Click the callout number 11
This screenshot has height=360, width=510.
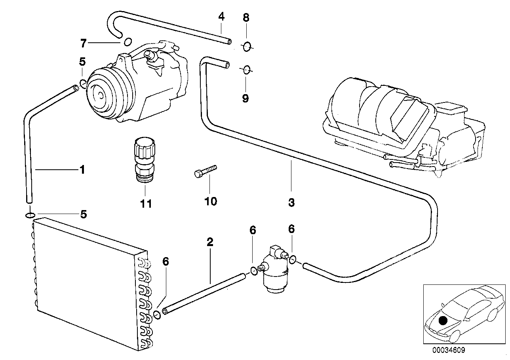coord(146,203)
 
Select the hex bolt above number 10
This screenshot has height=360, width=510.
coord(206,171)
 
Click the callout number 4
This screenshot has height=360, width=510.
coord(221,17)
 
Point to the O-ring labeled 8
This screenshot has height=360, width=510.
coord(247,47)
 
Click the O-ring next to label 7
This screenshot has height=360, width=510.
coord(128,42)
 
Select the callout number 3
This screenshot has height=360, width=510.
coord(291,203)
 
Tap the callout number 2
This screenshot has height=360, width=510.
coord(210,242)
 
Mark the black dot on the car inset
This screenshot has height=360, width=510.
coord(443,321)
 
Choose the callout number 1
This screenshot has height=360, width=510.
coord(82,170)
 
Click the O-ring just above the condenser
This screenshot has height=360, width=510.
coord(30,215)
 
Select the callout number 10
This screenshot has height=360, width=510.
coord(211,201)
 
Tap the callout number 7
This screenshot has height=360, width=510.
coord(83,43)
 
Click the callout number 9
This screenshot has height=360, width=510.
coord(245,99)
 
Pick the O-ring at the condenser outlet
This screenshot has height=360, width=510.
coord(157,315)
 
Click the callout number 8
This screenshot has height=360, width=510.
coord(246,18)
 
